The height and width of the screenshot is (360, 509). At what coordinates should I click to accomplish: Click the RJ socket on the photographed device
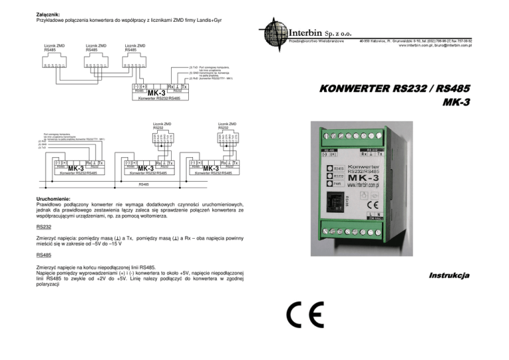tap(335, 200)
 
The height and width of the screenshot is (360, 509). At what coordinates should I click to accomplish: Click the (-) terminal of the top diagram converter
tap(136, 87)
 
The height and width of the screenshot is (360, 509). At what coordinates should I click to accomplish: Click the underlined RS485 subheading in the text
tap(45, 254)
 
